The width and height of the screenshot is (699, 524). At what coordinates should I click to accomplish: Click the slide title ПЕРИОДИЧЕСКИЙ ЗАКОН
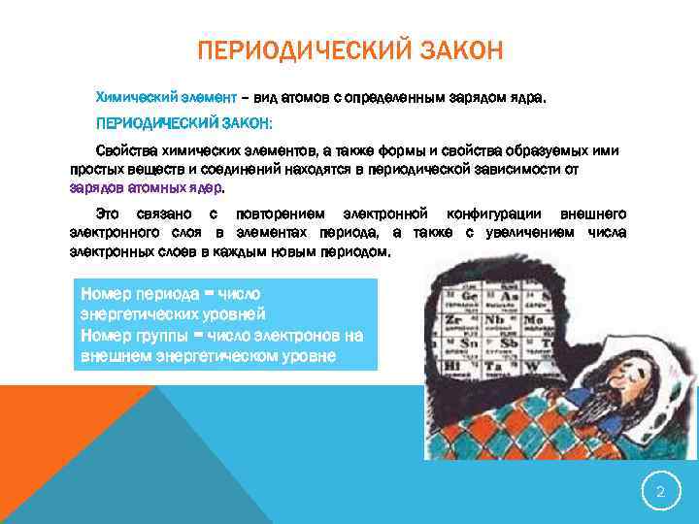pyautogui.click(x=349, y=49)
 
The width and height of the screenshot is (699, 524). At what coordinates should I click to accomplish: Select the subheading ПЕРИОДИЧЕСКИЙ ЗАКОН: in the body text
pyautogui.click(x=183, y=125)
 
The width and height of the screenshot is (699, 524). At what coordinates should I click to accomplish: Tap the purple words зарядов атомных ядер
pyautogui.click(x=146, y=187)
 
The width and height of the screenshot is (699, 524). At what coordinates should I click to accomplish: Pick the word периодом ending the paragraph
pyautogui.click(x=355, y=251)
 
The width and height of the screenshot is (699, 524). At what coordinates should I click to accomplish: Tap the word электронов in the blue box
pyautogui.click(x=284, y=336)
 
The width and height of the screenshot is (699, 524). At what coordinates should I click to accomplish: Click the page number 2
pyautogui.click(x=660, y=492)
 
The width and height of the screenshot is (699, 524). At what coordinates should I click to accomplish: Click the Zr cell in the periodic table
pyautogui.click(x=452, y=319)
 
